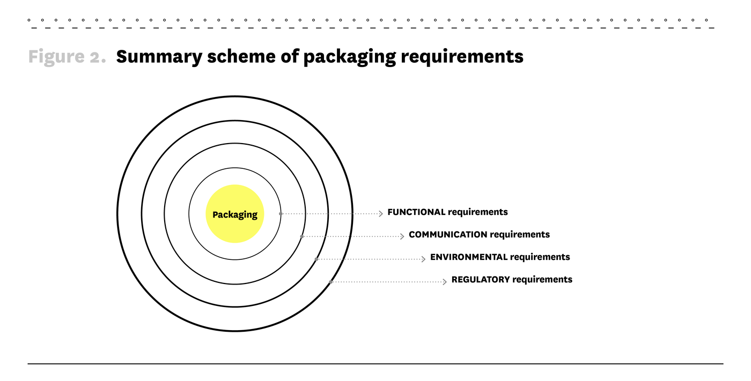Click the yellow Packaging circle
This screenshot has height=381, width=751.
(235, 214)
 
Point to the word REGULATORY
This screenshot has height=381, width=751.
(481, 279)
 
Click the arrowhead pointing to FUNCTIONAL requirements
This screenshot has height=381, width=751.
(381, 214)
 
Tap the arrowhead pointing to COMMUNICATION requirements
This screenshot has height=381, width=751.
(402, 236)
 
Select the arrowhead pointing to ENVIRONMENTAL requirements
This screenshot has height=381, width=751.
(423, 259)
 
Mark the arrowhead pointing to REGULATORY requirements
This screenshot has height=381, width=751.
(445, 281)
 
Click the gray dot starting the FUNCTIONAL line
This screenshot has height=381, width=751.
(281, 214)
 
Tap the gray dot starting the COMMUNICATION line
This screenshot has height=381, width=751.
(301, 236)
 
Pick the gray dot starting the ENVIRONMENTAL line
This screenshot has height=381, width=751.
(316, 259)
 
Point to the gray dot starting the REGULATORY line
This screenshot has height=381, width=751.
(331, 282)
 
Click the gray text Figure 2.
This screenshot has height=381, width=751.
(67, 57)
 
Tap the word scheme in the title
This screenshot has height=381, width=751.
(241, 56)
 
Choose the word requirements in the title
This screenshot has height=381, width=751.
(462, 57)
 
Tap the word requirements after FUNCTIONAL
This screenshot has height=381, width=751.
(478, 212)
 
